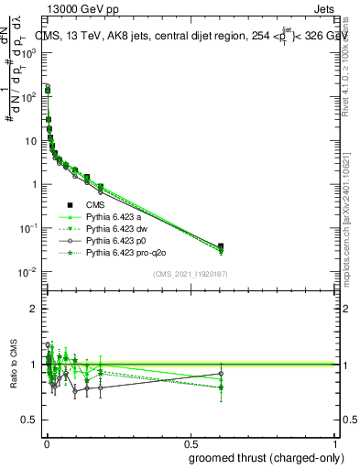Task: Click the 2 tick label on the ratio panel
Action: [x=34, y=310]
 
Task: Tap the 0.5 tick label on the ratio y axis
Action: [x=29, y=420]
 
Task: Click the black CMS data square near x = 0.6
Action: [x=221, y=246]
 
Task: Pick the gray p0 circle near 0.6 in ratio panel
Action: [x=221, y=373]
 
